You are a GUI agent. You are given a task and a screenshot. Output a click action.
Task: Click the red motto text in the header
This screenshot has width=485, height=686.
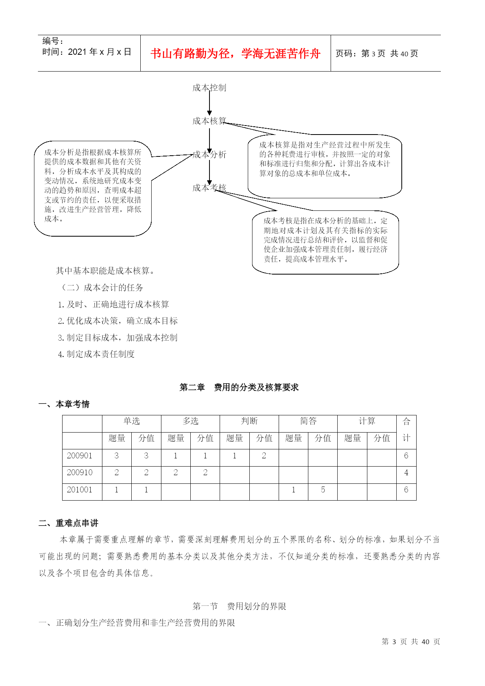click(235, 54)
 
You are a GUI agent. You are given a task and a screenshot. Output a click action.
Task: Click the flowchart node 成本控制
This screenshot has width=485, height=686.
click(209, 88)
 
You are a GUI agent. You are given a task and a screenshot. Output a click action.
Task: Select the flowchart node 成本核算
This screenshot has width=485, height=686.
click(209, 121)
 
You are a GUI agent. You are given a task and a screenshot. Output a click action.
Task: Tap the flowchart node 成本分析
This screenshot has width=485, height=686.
click(209, 154)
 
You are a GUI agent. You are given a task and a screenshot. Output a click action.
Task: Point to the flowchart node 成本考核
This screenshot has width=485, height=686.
click(209, 188)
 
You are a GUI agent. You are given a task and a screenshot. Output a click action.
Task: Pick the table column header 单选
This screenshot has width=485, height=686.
click(131, 421)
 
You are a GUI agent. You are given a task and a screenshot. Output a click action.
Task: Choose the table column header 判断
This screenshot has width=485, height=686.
click(249, 421)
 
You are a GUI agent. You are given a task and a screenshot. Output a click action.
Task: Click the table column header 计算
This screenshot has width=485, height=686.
click(367, 421)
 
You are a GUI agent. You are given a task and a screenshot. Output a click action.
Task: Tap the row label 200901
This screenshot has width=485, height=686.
click(80, 456)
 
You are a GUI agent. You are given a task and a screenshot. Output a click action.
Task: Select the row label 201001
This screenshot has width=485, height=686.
click(80, 490)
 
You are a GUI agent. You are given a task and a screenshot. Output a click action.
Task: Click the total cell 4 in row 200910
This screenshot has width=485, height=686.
click(406, 472)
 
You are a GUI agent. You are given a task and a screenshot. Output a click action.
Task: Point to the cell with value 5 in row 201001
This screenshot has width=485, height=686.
click(323, 490)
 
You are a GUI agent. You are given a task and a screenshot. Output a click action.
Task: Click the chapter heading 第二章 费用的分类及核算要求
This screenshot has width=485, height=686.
click(239, 387)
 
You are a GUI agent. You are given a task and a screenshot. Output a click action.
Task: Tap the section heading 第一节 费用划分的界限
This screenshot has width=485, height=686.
click(239, 606)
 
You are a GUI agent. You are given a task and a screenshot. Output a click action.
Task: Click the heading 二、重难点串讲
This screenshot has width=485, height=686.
click(68, 523)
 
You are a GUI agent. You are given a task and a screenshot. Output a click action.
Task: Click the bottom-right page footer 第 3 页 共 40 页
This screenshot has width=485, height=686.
click(411, 641)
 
